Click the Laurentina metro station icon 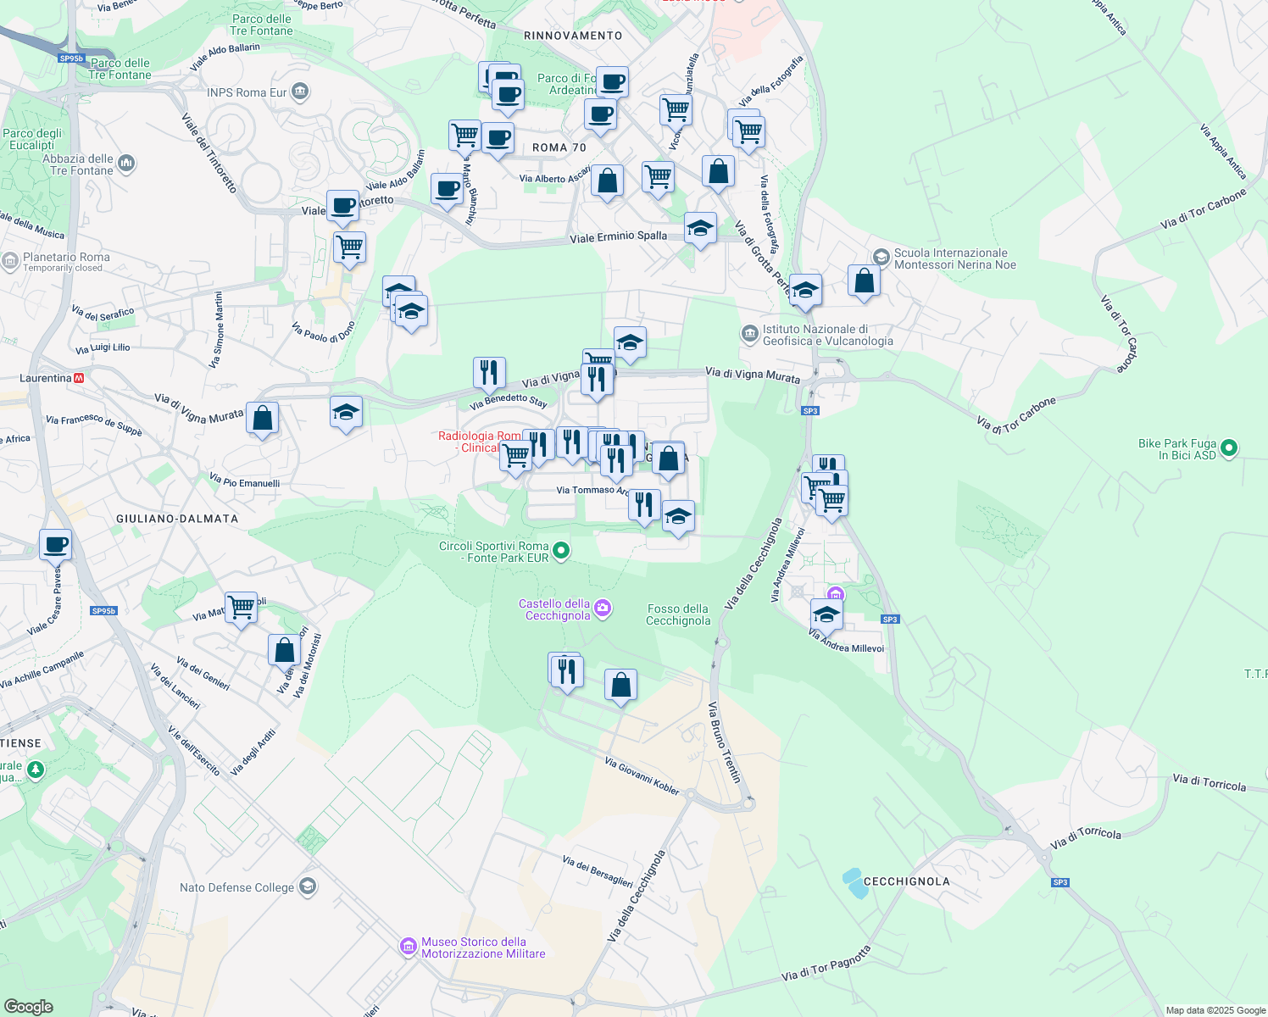(x=80, y=378)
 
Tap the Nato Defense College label (x=236, y=887)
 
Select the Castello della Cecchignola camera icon (x=603, y=608)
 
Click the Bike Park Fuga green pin (x=1230, y=447)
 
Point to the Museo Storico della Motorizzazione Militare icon (x=408, y=946)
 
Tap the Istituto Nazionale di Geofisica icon (x=749, y=334)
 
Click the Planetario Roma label (x=66, y=258)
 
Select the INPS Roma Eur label (x=247, y=92)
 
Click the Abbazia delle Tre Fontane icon (x=126, y=162)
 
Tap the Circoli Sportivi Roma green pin (x=560, y=552)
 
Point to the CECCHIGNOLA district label (x=906, y=881)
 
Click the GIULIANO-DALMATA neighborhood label (x=177, y=519)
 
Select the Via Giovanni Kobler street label (x=642, y=776)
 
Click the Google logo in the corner (x=29, y=1006)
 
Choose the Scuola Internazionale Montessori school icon (x=881, y=257)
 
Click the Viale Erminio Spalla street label (x=618, y=237)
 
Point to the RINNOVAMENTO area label (x=573, y=36)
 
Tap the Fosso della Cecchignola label (x=678, y=614)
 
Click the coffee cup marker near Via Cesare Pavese (x=55, y=545)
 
